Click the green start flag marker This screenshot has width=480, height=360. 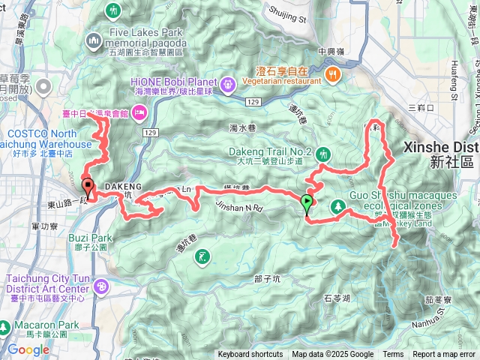(307, 202)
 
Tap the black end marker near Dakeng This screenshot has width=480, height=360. (88, 187)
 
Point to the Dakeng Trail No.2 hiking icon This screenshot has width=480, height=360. (323, 154)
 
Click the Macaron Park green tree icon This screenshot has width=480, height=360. (6, 328)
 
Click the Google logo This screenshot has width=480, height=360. (28, 349)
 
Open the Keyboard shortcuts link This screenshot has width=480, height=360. (250, 355)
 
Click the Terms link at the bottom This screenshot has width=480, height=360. (393, 355)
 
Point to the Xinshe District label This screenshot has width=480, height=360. (441, 154)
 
